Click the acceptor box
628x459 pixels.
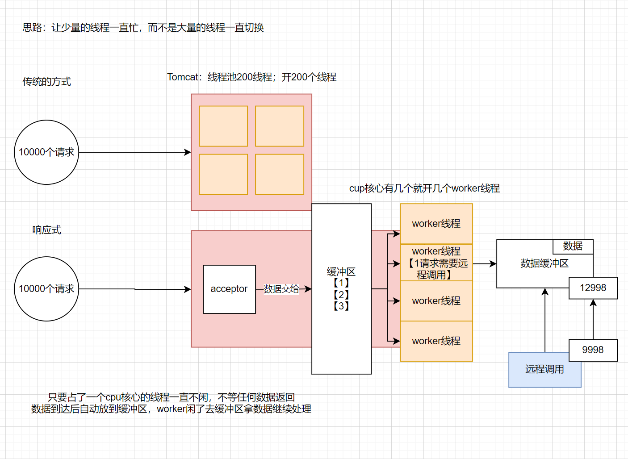click(229, 289)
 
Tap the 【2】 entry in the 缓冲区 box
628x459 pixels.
click(341, 295)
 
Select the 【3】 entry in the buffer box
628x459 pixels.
click(341, 306)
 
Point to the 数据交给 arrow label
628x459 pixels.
click(281, 289)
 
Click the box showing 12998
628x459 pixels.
click(593, 288)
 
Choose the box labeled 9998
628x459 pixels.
click(593, 350)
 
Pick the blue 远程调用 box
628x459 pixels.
click(544, 370)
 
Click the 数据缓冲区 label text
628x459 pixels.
click(544, 263)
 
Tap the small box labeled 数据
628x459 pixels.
click(573, 246)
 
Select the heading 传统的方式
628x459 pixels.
click(46, 82)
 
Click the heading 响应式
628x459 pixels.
click(46, 230)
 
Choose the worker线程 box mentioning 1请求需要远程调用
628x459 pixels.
click(436, 263)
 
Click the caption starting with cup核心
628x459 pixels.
click(424, 188)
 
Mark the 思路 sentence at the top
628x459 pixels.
click(143, 28)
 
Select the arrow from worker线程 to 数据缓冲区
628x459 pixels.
click(485, 264)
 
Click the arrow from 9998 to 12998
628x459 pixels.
click(593, 319)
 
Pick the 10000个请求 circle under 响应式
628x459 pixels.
click(46, 289)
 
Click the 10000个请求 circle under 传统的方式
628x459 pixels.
click(46, 152)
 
